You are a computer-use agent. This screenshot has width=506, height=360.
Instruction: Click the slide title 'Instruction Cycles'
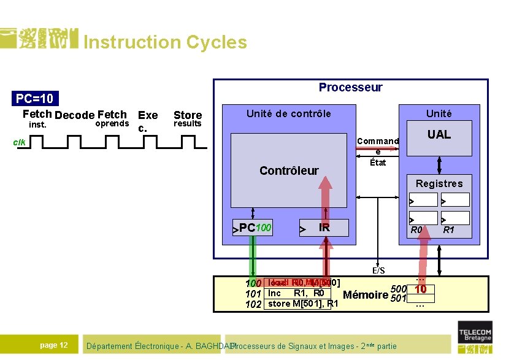click(x=165, y=42)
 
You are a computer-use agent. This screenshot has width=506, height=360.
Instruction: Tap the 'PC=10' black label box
click(x=35, y=99)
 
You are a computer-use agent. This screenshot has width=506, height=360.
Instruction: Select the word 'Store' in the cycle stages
click(x=188, y=115)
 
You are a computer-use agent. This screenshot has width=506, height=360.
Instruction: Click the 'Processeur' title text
click(x=350, y=88)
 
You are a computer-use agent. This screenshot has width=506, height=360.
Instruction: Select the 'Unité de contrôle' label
click(x=288, y=113)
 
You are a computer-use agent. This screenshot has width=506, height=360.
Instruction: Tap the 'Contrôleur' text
click(x=289, y=170)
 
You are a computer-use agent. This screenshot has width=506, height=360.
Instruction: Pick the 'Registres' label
click(x=439, y=183)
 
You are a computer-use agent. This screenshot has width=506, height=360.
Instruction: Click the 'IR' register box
click(x=324, y=228)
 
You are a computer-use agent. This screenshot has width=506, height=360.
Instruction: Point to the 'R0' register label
click(x=416, y=231)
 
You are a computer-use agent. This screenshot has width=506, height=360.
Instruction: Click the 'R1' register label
click(x=448, y=231)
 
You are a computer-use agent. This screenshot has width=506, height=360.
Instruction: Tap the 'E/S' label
click(x=378, y=270)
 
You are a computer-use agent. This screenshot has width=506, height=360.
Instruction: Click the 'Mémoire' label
click(x=366, y=295)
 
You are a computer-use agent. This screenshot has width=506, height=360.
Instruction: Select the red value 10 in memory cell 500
click(x=420, y=289)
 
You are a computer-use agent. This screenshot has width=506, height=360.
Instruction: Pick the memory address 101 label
click(x=253, y=294)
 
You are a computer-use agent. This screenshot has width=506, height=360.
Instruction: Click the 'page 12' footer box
click(x=54, y=345)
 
